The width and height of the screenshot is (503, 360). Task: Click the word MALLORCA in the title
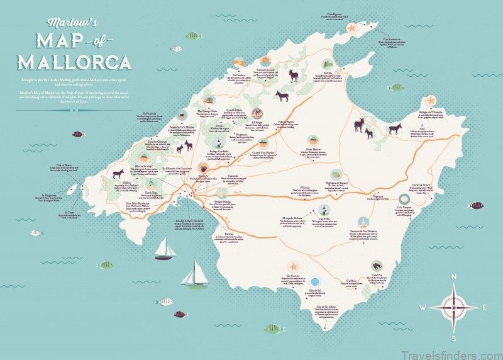point(75,62)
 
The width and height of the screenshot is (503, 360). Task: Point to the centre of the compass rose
point(455,307)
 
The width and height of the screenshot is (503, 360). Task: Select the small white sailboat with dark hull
point(165,250)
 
